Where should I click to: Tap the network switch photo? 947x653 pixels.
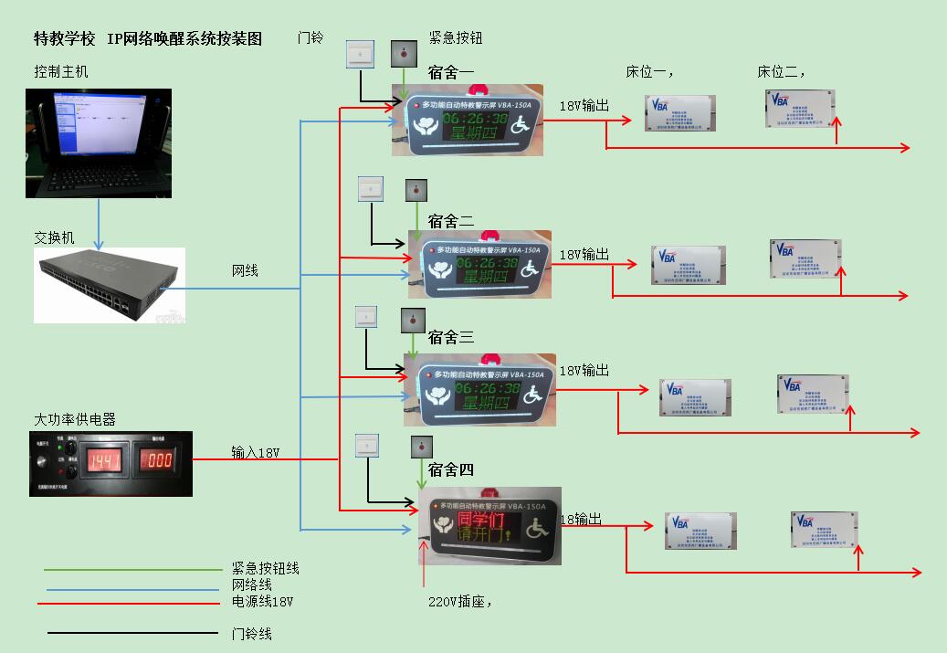coord(110,284)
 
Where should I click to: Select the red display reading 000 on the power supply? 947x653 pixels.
coord(156,459)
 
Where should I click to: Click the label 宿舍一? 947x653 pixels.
coord(451,71)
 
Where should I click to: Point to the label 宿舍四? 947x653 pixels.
coord(451,469)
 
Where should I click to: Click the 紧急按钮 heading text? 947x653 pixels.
coord(455,38)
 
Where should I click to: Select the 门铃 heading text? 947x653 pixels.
coord(310,38)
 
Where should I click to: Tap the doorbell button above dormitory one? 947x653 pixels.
coord(361,55)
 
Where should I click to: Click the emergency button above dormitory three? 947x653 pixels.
coord(413,321)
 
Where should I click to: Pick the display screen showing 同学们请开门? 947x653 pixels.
coord(489,526)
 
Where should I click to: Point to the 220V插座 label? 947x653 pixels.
coord(460,602)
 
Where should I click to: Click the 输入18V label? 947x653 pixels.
coord(255,452)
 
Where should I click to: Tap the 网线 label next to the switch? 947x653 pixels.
coord(245,271)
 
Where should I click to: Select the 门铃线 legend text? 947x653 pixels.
coord(252,634)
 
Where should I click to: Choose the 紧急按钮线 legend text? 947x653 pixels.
coord(265,569)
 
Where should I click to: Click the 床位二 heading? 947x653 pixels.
coord(781,72)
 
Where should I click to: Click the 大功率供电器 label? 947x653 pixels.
coord(75,420)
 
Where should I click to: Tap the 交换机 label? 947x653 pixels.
coord(55,238)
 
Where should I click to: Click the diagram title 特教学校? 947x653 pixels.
coord(64,38)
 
